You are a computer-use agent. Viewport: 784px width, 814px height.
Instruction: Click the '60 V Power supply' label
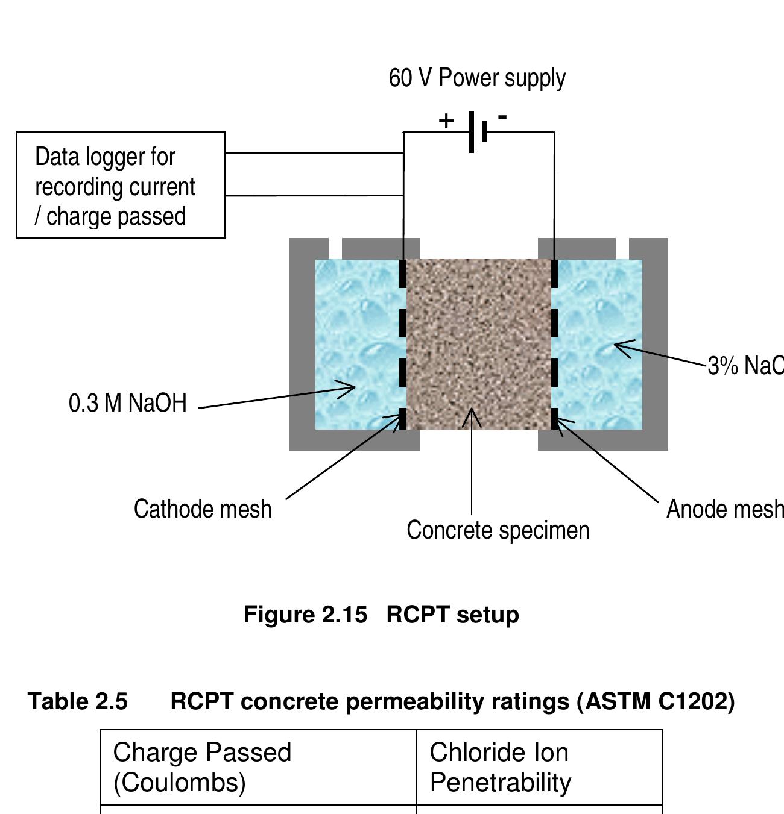click(x=477, y=78)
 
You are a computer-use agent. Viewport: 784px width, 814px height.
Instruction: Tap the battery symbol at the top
click(x=478, y=131)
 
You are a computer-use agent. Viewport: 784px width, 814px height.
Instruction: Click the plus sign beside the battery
click(x=446, y=121)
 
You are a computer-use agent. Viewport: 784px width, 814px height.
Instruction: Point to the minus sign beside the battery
click(x=502, y=117)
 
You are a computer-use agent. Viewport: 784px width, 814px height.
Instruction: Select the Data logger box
click(x=121, y=186)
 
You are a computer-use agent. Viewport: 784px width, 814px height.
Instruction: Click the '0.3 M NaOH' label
click(x=128, y=403)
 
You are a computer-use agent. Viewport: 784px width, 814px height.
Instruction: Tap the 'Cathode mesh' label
click(x=203, y=509)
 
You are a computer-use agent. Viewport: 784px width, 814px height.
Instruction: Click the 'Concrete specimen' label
click(x=498, y=530)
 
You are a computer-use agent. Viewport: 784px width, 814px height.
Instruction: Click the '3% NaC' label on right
click(x=745, y=366)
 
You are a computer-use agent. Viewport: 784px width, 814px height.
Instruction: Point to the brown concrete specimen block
click(x=479, y=337)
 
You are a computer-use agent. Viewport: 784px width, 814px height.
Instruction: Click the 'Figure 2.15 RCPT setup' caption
click(x=381, y=615)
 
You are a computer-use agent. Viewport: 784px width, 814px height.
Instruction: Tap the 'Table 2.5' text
click(x=78, y=701)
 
